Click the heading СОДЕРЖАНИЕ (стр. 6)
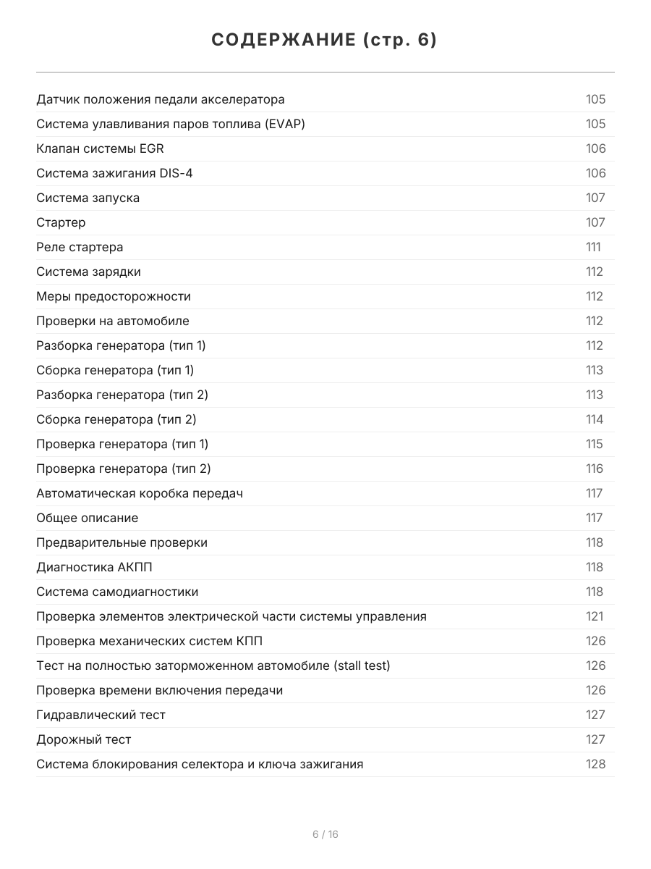pyautogui.click(x=325, y=41)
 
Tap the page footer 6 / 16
pyautogui.click(x=325, y=834)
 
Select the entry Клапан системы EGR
pyautogui.click(x=100, y=148)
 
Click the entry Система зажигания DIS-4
pyautogui.click(x=114, y=173)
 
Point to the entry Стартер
pyautogui.click(x=61, y=222)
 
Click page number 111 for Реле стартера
pyautogui.click(x=593, y=247)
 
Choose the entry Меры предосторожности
pyautogui.click(x=114, y=296)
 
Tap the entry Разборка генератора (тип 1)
pyautogui.click(x=121, y=345)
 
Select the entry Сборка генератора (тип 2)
pyautogui.click(x=116, y=419)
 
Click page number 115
pyautogui.click(x=595, y=444)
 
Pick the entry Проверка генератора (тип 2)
pyautogui.click(x=124, y=469)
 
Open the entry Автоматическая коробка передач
pyautogui.click(x=140, y=493)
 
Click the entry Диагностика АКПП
pyautogui.click(x=94, y=567)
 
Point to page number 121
pyautogui.click(x=595, y=616)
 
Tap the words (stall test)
pyautogui.click(x=362, y=666)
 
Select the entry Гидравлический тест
pyautogui.click(x=101, y=715)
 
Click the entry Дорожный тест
pyautogui.click(x=84, y=739)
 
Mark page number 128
pyautogui.click(x=595, y=764)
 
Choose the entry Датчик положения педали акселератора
pyautogui.click(x=161, y=99)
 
